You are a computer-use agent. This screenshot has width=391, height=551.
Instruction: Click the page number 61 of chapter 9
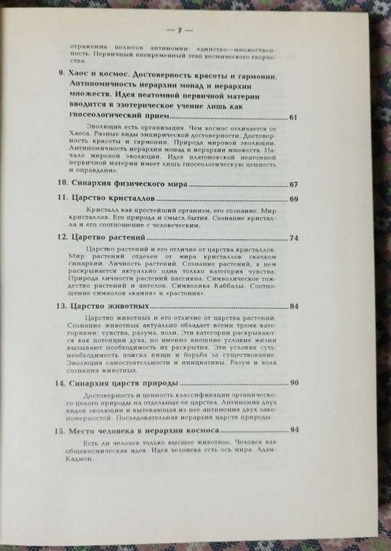pos(294,117)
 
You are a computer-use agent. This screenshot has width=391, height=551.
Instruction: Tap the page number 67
pos(294,184)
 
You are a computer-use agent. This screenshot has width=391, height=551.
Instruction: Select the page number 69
pos(294,199)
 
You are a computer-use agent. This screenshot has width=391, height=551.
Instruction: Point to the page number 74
pos(294,237)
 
